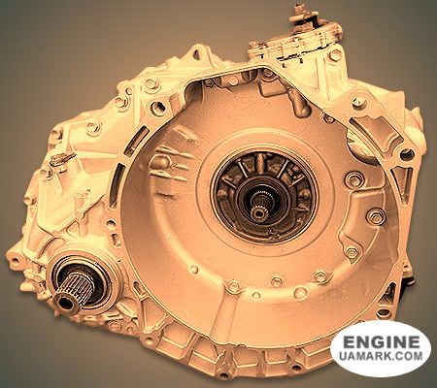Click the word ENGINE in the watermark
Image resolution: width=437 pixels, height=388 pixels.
(381, 342)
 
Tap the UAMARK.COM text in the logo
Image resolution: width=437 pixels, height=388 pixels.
(381, 356)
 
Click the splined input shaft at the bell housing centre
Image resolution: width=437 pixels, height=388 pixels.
(258, 209)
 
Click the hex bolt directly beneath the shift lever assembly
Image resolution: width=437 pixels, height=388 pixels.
(335, 55)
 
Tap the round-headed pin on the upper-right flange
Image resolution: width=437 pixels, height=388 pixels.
(359, 103)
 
